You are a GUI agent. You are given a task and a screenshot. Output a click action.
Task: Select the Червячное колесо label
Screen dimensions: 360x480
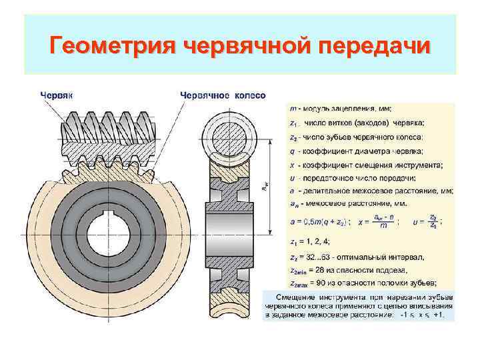point(223,95)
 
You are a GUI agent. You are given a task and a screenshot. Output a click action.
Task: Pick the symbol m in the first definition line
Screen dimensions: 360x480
point(293,108)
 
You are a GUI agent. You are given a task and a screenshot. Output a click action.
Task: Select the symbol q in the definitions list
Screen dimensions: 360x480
point(293,151)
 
